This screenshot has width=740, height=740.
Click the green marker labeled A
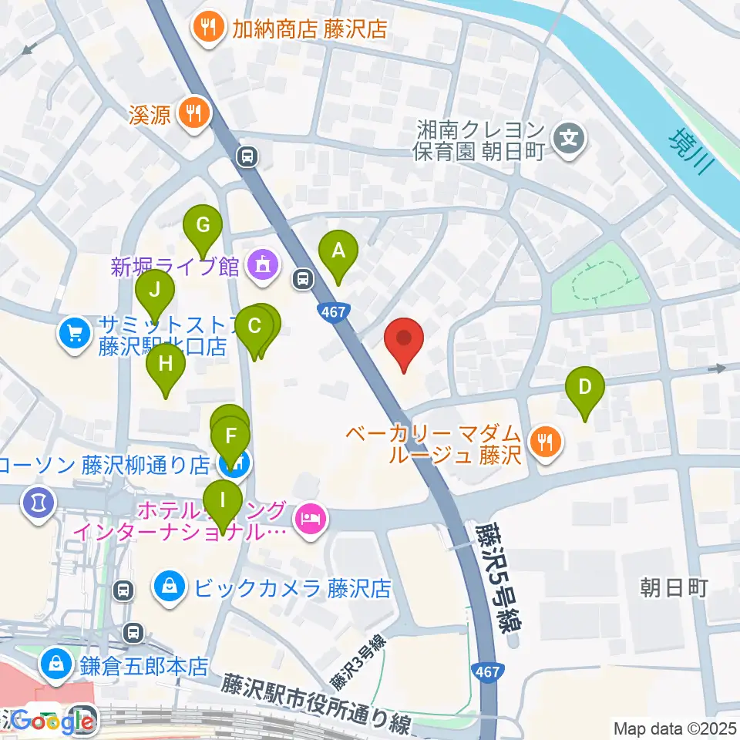tap(338, 251)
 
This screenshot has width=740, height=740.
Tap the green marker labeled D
tap(585, 386)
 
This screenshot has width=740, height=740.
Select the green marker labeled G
tap(203, 226)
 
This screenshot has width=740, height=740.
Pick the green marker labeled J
tap(155, 291)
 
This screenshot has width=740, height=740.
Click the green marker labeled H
tap(166, 363)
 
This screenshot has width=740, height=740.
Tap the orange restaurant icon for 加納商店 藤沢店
tap(208, 29)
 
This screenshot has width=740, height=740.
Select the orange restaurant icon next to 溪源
tap(190, 114)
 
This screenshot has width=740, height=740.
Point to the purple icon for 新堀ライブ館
tap(261, 267)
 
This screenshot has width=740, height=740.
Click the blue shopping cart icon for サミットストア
tap(74, 334)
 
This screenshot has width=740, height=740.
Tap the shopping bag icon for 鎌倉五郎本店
tap(56, 663)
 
